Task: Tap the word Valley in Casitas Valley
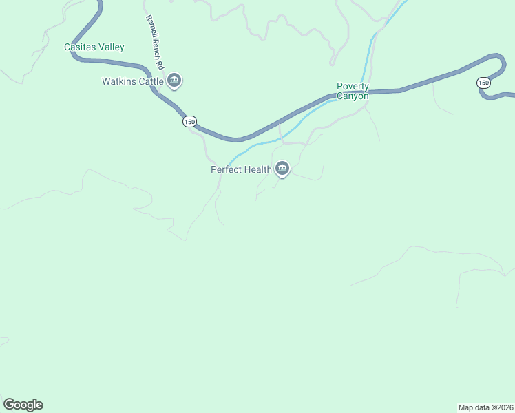click(x=112, y=47)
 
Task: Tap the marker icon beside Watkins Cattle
click(x=174, y=81)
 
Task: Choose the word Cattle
click(x=151, y=81)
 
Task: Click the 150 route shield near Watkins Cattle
click(x=189, y=122)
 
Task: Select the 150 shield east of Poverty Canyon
click(x=483, y=83)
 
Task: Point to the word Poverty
click(x=353, y=87)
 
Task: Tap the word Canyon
click(x=353, y=96)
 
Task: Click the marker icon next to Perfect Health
click(x=282, y=168)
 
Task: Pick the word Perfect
click(x=227, y=169)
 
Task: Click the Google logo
click(x=23, y=405)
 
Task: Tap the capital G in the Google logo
click(x=9, y=404)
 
